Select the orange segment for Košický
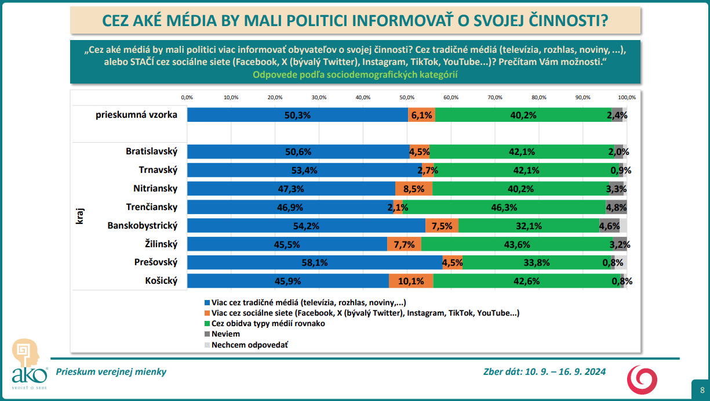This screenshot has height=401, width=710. (x=411, y=281)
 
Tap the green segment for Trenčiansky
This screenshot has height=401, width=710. (x=504, y=207)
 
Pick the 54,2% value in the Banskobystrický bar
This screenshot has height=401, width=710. (x=306, y=226)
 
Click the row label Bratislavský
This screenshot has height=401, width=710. (x=151, y=151)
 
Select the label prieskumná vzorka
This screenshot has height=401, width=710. (x=136, y=115)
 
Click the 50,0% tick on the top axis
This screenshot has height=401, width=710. (x=407, y=97)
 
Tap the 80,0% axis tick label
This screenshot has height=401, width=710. (x=538, y=97)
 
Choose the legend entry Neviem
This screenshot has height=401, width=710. (x=225, y=334)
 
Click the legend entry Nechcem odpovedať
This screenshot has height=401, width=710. (x=250, y=345)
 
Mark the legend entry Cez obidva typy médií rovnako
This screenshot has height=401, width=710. (x=268, y=323)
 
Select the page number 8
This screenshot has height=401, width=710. (x=702, y=390)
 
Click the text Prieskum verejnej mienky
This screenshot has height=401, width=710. (x=111, y=372)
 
